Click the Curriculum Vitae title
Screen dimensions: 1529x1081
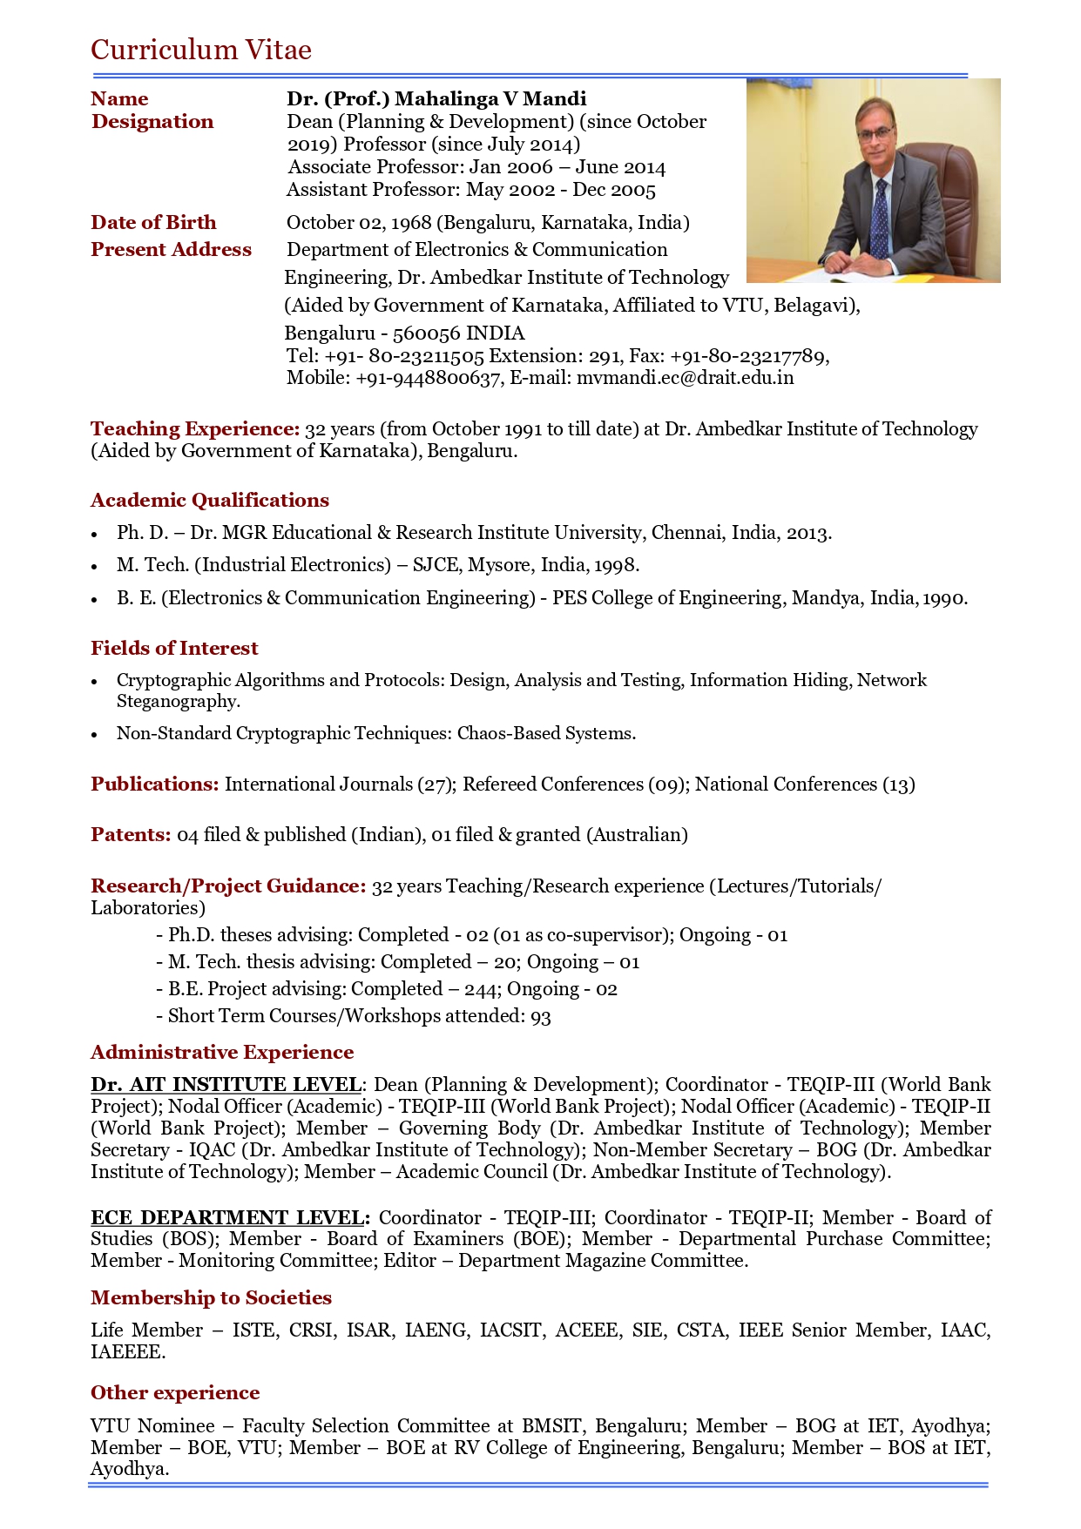click(201, 50)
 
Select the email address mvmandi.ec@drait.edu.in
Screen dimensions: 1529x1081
click(685, 378)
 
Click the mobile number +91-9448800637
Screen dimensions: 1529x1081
click(428, 378)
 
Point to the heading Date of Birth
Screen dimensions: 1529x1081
click(153, 223)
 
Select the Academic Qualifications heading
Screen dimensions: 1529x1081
click(210, 501)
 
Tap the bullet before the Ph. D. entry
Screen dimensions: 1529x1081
click(95, 535)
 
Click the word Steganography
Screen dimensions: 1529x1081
click(178, 702)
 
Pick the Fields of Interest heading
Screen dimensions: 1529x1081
click(174, 649)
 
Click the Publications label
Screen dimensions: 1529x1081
click(154, 785)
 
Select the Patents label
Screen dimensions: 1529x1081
click(131, 835)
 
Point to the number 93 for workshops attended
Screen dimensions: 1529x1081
click(541, 1016)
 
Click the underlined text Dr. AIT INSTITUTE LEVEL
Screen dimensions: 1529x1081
click(226, 1085)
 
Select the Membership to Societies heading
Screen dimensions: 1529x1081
click(211, 1298)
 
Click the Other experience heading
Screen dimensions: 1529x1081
click(175, 1393)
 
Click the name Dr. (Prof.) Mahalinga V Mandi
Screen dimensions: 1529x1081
click(436, 99)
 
